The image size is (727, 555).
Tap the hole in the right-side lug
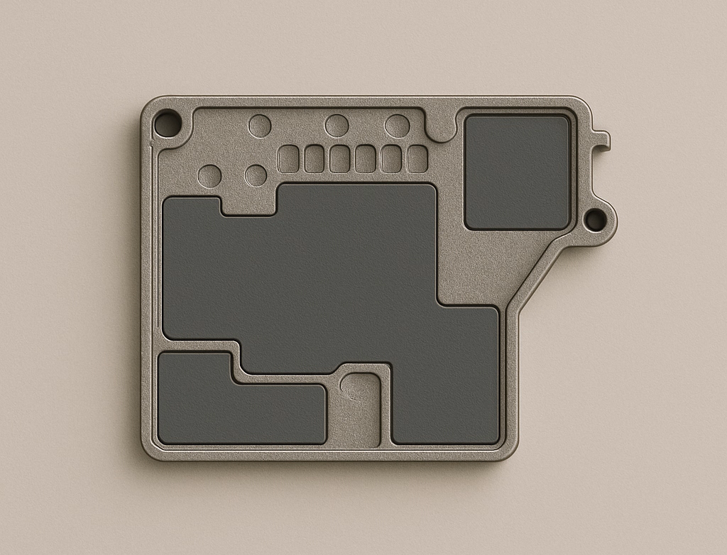(x=595, y=220)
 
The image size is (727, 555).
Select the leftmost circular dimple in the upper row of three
(x=260, y=126)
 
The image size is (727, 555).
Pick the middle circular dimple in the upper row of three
(x=337, y=126)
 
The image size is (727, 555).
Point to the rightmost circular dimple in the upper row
(x=397, y=126)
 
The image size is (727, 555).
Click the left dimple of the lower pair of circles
(x=209, y=176)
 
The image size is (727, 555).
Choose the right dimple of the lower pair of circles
(x=256, y=175)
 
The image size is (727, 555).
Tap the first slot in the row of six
(x=288, y=159)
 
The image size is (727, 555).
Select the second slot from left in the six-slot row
(x=314, y=159)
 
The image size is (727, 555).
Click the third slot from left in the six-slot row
(x=339, y=159)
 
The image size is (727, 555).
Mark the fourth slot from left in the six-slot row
(x=365, y=159)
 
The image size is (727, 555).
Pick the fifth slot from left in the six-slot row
(x=390, y=159)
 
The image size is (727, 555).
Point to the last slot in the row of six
(x=417, y=159)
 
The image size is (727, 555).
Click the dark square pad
(x=518, y=172)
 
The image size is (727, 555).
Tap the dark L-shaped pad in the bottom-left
(x=213, y=408)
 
